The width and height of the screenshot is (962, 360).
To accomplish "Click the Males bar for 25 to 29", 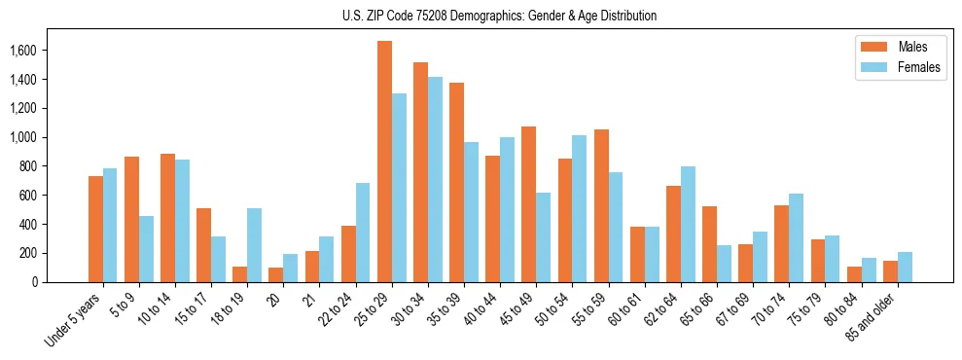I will [384, 162].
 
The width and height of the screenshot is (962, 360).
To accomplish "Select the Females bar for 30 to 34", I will [435, 179].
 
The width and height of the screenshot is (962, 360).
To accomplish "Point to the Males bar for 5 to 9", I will [131, 219].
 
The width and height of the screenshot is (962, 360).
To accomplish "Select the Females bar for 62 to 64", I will [688, 224].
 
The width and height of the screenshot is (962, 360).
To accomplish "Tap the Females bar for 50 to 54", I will [580, 208].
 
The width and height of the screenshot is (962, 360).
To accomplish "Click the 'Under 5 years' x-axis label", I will [74, 319].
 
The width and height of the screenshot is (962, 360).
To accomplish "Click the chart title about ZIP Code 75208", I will [499, 16].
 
